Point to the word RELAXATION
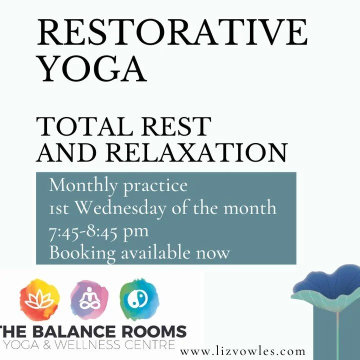point(197,152)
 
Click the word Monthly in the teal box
point(83,186)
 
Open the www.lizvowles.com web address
point(242,351)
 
